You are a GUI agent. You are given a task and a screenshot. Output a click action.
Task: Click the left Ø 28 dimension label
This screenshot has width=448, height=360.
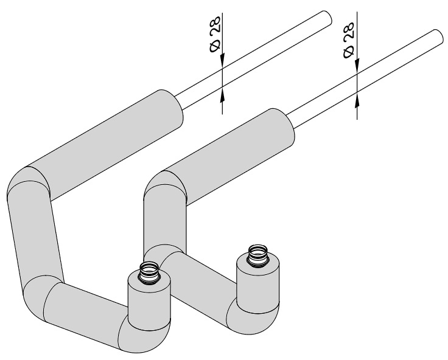(215, 34)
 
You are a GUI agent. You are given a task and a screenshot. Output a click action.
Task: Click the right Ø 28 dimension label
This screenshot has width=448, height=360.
(349, 40)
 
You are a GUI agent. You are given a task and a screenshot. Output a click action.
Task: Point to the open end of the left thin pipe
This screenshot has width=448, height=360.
(327, 18)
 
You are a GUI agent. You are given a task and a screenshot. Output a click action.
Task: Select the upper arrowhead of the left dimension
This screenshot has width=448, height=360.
(222, 61)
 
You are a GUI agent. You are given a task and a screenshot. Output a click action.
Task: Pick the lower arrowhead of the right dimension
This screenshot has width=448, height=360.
(357, 99)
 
